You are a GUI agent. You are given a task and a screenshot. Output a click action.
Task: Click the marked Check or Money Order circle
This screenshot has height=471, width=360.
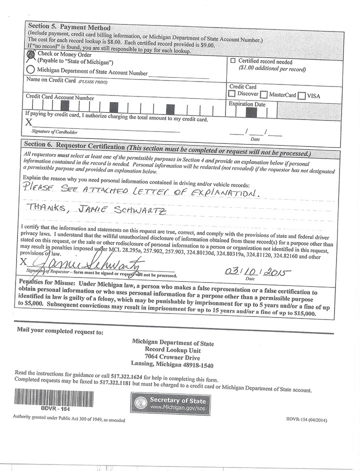coord(31,55)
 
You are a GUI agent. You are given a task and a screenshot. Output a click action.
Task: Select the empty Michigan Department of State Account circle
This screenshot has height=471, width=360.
coord(30,70)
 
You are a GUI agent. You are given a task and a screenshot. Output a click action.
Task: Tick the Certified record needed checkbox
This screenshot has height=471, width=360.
coord(233,60)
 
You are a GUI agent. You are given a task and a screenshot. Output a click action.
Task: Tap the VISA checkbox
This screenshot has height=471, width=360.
coord(301,95)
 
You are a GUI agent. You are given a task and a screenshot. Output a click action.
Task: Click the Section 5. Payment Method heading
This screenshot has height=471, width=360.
coord(69,27)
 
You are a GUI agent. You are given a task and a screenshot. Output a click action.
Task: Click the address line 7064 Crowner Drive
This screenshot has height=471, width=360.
coord(172,358)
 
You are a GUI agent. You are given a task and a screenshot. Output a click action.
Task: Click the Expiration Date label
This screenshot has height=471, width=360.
coord(247,104)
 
